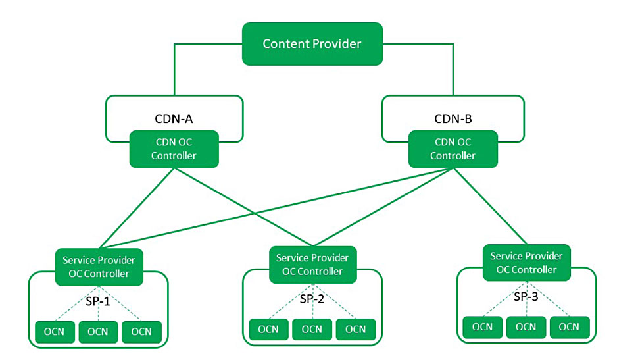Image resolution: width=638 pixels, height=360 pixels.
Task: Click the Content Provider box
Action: tap(312, 44)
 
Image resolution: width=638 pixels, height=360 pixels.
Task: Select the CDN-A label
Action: tap(174, 119)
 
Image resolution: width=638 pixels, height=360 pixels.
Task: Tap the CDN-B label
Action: tap(453, 119)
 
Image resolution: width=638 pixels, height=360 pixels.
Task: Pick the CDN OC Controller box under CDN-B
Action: tap(453, 149)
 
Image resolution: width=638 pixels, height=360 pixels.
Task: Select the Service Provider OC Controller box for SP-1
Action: tap(99, 267)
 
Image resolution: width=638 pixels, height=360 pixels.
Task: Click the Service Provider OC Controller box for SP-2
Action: tap(312, 265)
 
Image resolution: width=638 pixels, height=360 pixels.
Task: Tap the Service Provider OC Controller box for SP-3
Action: tap(526, 263)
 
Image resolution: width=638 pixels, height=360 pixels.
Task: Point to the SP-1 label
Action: tap(99, 301)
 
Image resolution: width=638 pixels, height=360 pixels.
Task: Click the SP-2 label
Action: tap(312, 299)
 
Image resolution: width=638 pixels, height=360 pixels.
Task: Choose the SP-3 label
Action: tap(526, 296)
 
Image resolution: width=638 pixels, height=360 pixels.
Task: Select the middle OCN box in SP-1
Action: tap(98, 331)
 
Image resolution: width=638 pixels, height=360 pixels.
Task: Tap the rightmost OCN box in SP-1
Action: tap(141, 331)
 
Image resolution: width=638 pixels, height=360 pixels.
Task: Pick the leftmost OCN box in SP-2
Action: tap(268, 329)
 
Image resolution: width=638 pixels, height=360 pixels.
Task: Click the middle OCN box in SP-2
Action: tap(312, 329)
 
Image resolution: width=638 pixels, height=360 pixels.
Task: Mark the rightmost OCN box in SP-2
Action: tap(356, 329)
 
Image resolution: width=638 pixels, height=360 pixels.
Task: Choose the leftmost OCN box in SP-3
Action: tap(483, 326)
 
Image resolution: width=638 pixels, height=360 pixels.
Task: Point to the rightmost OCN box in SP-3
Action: tap(570, 326)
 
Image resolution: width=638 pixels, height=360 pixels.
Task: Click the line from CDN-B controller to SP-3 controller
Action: tap(489, 206)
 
